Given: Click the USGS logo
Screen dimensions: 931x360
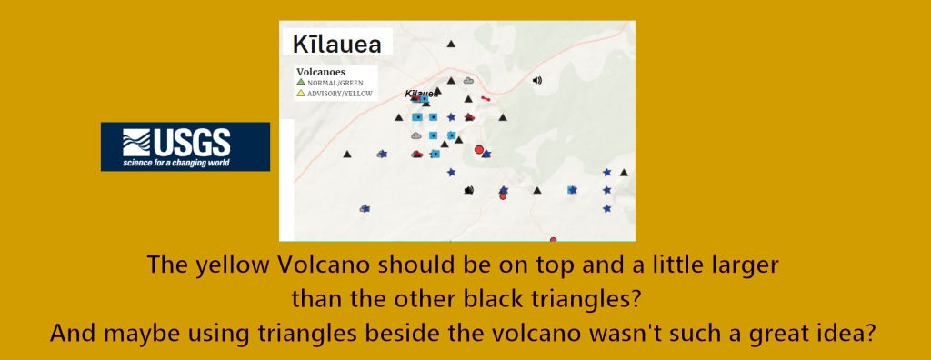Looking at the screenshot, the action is [185, 146].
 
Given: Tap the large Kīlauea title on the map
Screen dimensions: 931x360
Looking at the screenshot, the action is [336, 45].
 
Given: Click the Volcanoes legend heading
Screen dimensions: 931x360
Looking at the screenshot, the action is [321, 72].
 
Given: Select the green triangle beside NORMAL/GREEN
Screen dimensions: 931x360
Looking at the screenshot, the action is [301, 82].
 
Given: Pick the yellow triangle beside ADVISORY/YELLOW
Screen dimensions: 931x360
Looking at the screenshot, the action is [301, 93].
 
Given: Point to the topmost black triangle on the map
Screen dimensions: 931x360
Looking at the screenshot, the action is [451, 44].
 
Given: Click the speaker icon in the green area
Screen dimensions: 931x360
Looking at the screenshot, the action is [537, 80].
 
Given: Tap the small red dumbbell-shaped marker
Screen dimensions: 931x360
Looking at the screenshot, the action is [486, 98].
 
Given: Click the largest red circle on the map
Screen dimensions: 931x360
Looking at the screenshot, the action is [479, 149].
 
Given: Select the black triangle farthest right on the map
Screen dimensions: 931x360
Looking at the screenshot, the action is [624, 173].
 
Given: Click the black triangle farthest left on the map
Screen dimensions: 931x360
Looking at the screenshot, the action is [347, 155].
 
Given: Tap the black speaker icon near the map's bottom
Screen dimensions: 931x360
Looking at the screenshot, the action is [469, 190].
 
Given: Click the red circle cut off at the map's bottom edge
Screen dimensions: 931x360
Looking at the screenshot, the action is [554, 239].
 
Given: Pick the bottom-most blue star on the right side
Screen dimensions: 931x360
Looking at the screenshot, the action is [606, 208].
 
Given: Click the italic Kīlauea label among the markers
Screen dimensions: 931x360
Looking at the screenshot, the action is [422, 94].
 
